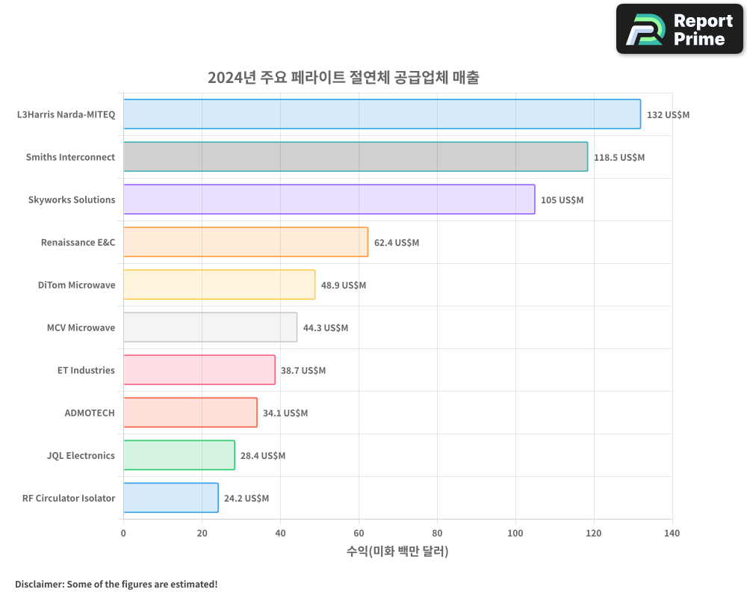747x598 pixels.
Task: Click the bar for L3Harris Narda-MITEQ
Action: [x=382, y=114]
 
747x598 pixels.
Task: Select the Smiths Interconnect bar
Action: [x=356, y=157]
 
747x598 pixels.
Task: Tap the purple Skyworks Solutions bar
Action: [x=329, y=200]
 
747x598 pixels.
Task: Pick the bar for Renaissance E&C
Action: [x=246, y=242]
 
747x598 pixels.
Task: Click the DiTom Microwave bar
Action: [x=219, y=285]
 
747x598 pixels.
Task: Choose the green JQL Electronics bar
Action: [x=179, y=455]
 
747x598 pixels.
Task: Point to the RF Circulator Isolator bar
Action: [x=170, y=498]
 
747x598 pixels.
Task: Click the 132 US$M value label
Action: [x=668, y=115]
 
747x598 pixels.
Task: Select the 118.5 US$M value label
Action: [x=619, y=158]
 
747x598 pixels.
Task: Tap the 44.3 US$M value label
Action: [x=325, y=328]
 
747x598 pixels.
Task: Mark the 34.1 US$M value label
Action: [x=285, y=413]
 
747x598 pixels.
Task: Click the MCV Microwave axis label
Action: [x=81, y=327]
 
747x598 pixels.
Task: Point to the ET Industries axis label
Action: [x=86, y=370]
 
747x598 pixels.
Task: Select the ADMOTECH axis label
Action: [x=90, y=413]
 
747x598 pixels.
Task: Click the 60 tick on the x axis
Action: [x=359, y=533]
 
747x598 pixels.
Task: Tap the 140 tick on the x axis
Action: [x=672, y=533]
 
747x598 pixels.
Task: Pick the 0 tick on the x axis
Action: [x=123, y=533]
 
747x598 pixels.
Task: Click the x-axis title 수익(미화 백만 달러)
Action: [x=397, y=552]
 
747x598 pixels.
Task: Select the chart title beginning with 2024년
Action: [x=343, y=77]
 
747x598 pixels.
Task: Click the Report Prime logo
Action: [x=679, y=29]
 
